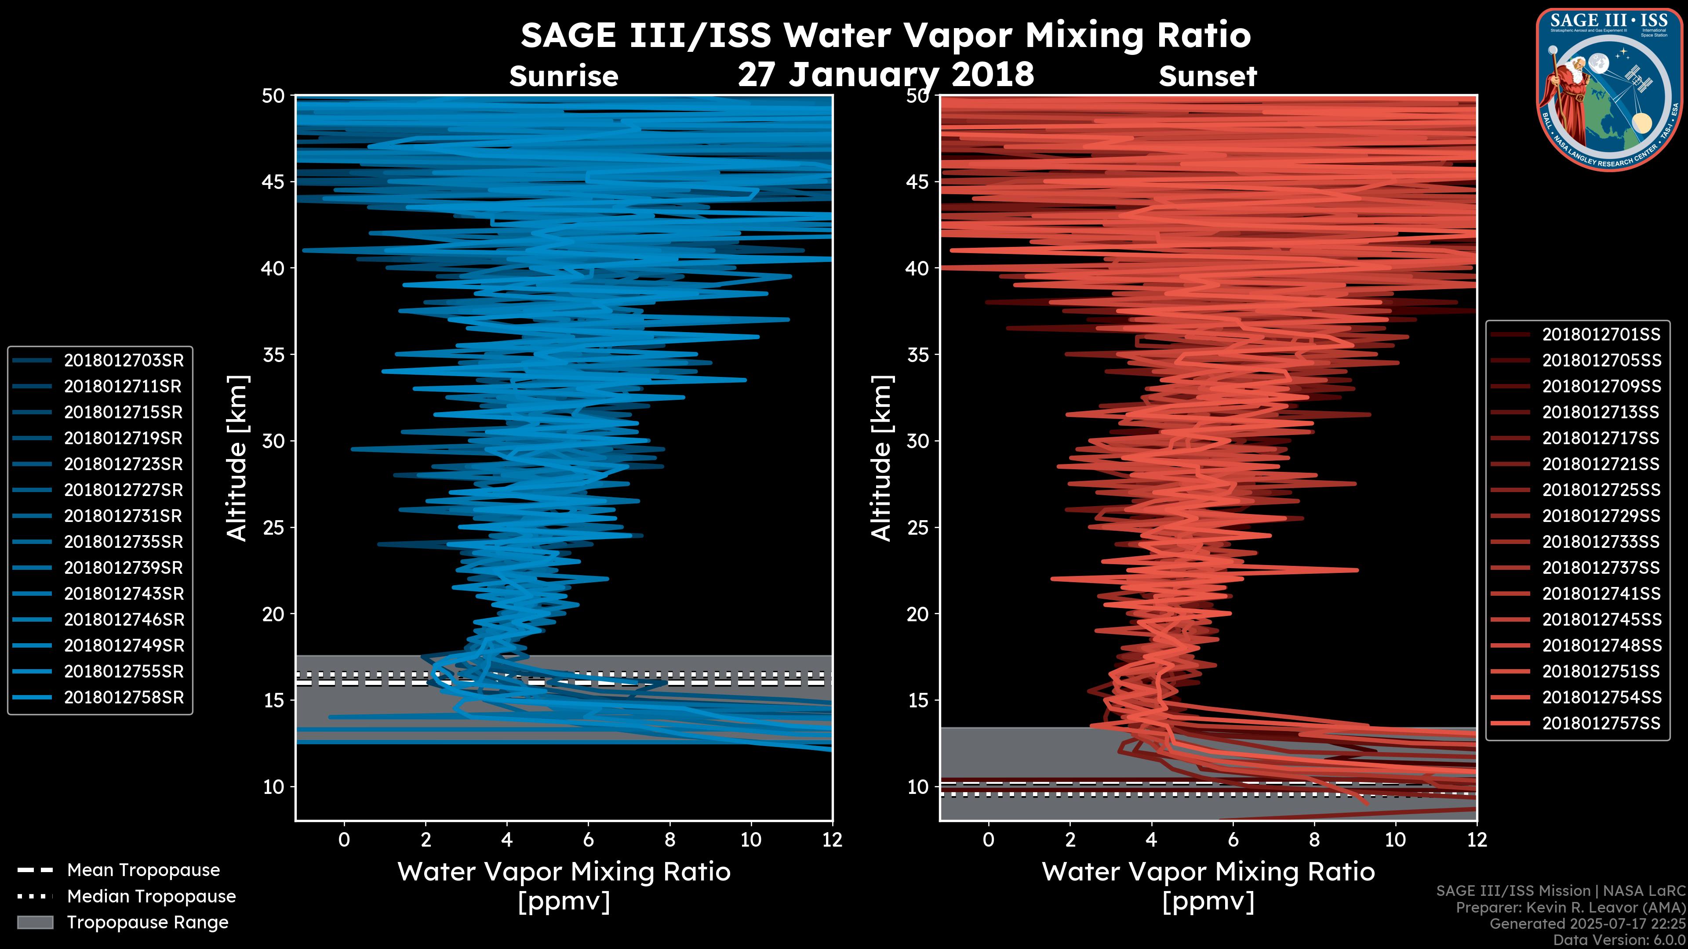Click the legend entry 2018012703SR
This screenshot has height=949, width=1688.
click(123, 360)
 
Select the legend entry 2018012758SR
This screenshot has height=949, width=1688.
click(123, 698)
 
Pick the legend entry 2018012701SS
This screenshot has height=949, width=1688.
click(1601, 335)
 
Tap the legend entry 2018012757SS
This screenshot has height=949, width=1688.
click(1601, 723)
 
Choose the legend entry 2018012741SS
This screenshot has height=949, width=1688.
click(1601, 594)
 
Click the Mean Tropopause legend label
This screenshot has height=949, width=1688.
click(143, 870)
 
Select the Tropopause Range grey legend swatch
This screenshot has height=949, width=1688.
click(35, 922)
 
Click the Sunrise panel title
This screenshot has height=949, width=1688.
click(564, 76)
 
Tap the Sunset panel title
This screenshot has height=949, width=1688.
click(1208, 76)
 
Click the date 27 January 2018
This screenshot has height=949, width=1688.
click(885, 74)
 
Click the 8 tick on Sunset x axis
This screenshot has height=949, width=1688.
click(1314, 840)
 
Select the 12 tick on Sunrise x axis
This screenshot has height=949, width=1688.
click(832, 840)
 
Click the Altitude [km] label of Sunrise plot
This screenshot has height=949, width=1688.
click(237, 458)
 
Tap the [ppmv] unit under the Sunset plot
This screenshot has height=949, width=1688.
click(1208, 902)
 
